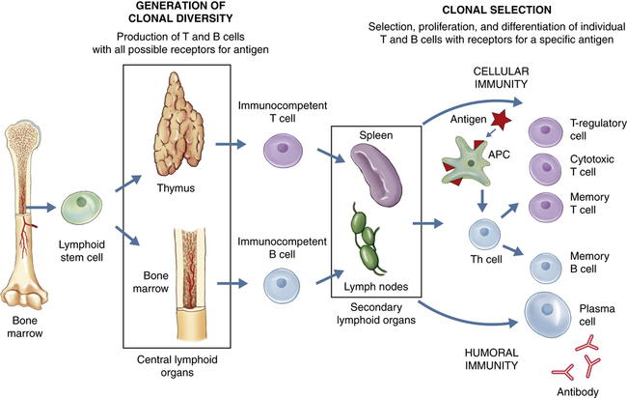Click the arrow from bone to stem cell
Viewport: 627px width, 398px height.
pos(41,206)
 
